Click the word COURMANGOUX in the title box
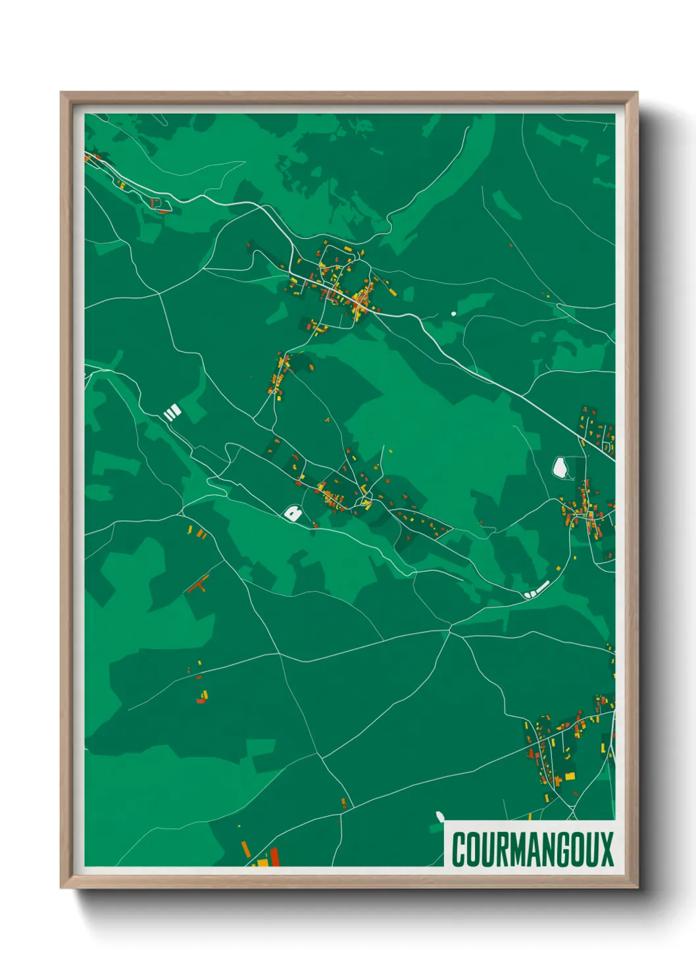click(532, 848)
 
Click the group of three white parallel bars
click(172, 413)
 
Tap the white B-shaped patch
click(293, 513)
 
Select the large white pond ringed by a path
click(560, 467)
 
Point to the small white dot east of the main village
click(453, 313)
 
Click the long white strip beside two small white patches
click(541, 587)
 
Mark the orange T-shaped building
click(199, 583)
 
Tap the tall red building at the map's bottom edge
click(274, 856)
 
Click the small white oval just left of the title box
click(439, 816)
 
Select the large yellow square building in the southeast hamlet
click(570, 776)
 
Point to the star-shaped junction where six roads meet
click(450, 630)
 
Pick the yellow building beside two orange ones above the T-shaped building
click(190, 529)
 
